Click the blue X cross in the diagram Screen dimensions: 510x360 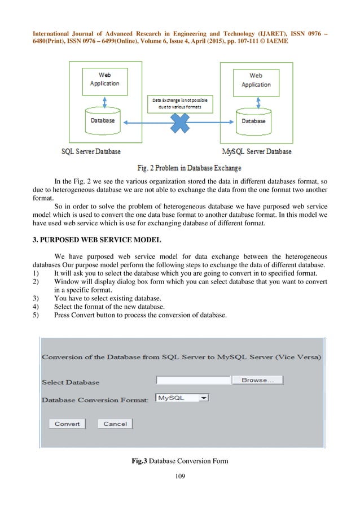179,123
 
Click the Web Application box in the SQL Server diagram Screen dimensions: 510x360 105,80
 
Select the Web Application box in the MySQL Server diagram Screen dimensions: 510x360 256,80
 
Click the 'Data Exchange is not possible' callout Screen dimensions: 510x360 179,103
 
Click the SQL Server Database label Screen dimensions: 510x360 91,152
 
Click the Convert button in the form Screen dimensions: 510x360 67,424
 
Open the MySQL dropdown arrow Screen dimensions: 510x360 204,398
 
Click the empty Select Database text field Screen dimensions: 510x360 193,381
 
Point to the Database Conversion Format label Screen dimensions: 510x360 95,400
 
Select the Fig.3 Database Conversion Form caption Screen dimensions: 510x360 179,461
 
